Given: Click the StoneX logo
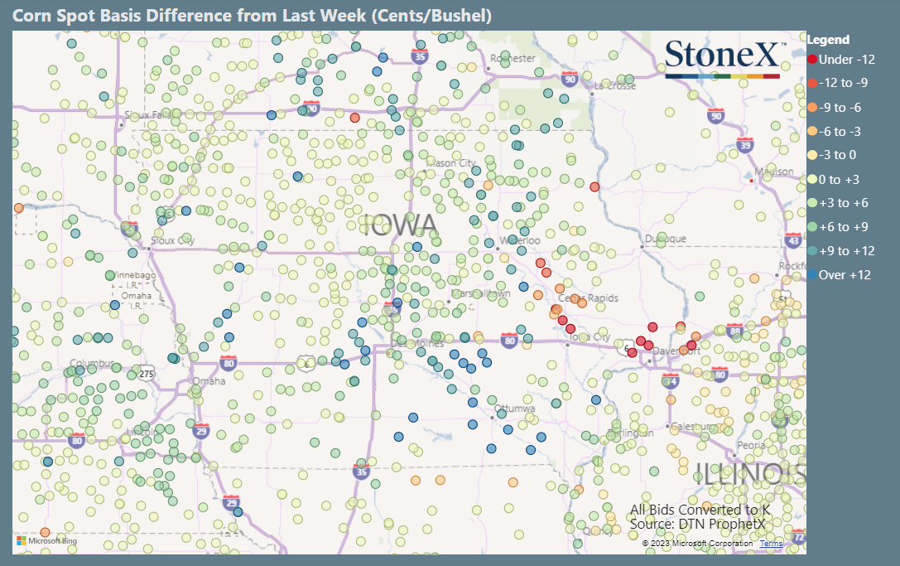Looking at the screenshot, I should [x=722, y=57].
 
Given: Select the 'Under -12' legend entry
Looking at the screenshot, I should [x=842, y=60].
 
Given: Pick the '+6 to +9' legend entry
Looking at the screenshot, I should [x=842, y=227].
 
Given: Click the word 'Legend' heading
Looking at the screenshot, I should [x=828, y=40].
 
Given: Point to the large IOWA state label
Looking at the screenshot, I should [x=399, y=225].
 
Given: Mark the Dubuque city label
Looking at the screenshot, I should [x=667, y=239].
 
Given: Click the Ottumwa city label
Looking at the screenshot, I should [x=515, y=409].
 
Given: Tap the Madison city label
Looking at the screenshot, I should [x=779, y=171].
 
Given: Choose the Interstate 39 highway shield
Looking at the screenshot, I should [x=745, y=145].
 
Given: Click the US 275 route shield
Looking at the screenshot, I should [x=146, y=374].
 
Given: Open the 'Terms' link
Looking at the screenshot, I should [x=771, y=544].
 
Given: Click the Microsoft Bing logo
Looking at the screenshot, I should [x=46, y=540].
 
